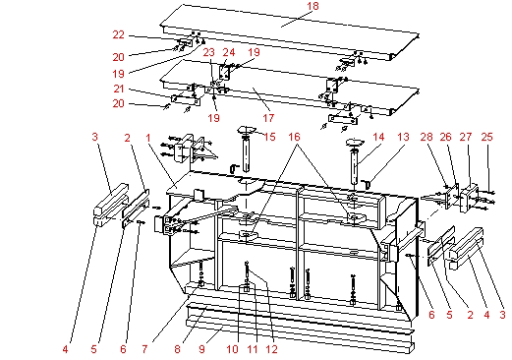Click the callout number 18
click(x=286, y=7)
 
